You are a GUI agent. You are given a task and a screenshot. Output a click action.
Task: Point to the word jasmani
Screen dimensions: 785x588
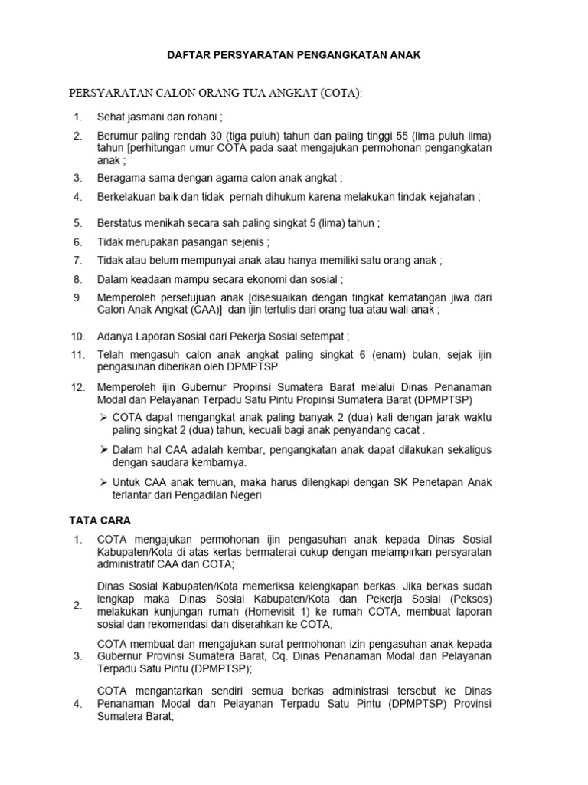tap(149, 117)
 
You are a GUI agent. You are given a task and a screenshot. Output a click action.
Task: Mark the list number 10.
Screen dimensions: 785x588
tap(77, 336)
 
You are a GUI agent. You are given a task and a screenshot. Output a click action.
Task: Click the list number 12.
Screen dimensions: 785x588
tap(77, 388)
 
